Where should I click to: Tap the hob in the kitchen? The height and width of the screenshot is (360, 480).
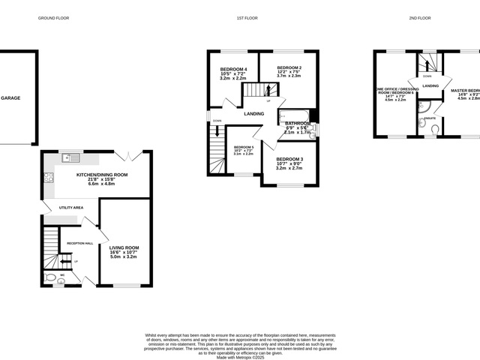49,178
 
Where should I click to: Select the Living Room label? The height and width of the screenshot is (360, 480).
124,247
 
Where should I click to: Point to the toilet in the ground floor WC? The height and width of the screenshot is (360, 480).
50,278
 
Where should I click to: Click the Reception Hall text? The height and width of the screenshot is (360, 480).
79,243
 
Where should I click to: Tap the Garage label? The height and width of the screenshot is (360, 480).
10,98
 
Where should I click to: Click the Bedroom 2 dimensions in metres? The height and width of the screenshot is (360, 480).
289,76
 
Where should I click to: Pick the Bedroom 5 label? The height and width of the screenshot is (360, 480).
243,147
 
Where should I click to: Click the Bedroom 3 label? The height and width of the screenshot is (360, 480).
289,159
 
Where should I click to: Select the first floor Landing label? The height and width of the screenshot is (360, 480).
253,113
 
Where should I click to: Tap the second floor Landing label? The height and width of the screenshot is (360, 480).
430,85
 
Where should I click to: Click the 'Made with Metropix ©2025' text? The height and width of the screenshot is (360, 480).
241,358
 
